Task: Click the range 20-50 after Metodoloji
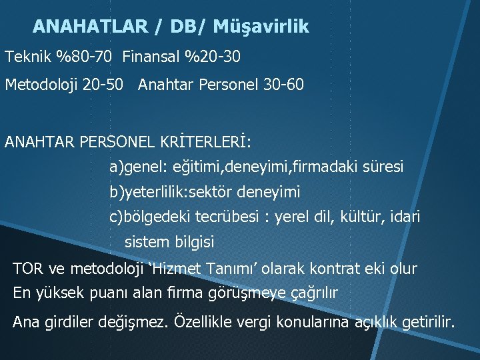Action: pyautogui.click(x=105, y=86)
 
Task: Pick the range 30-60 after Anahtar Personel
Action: pyautogui.click(x=283, y=86)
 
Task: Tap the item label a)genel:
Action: pyautogui.click(x=138, y=167)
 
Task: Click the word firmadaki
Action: pyautogui.click(x=331, y=167)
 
